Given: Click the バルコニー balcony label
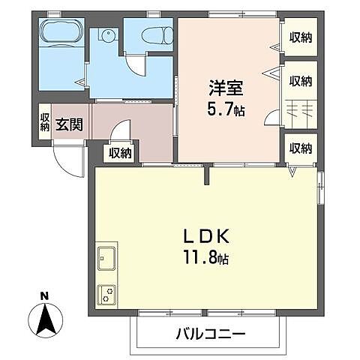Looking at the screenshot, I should click(209, 331).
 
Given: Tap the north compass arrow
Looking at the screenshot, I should click(44, 320).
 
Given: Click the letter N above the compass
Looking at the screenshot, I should click(44, 295).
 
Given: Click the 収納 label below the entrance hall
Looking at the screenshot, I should click(120, 154).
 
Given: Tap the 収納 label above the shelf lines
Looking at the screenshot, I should click(301, 81).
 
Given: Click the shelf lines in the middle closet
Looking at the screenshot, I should click(301, 109).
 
